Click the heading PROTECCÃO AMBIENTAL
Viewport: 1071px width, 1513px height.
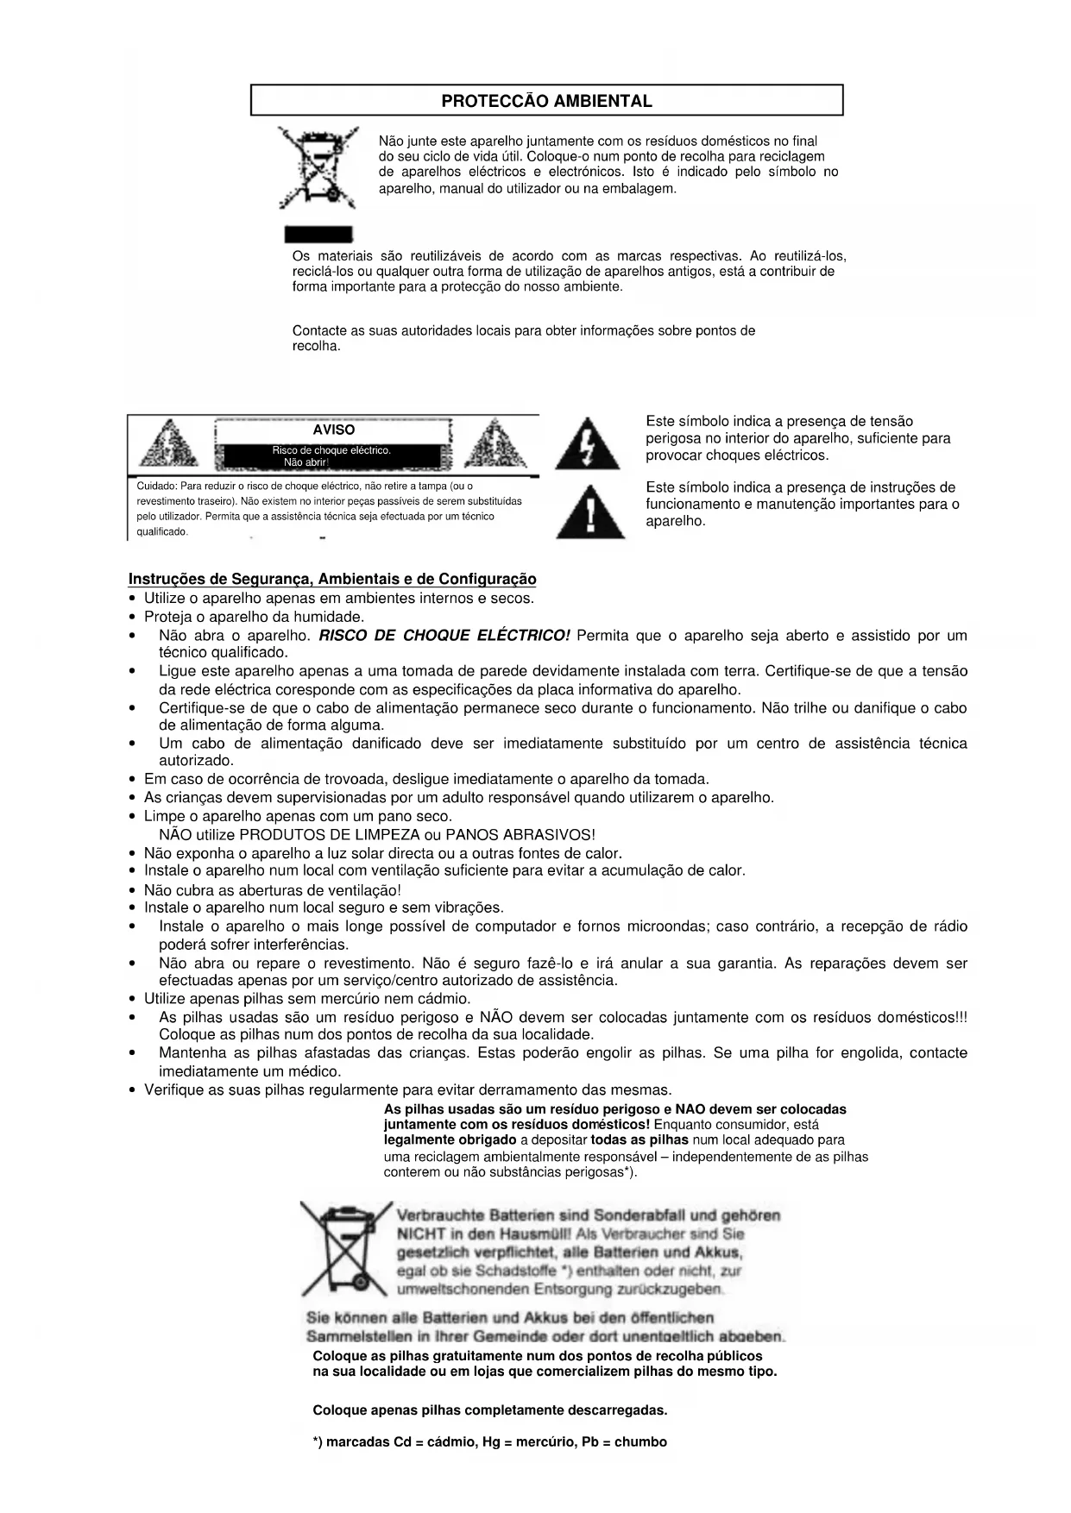click(x=546, y=101)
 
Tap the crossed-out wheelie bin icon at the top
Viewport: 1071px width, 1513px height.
click(x=317, y=167)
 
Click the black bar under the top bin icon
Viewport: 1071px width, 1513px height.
click(x=318, y=235)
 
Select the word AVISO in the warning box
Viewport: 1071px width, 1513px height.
click(x=333, y=430)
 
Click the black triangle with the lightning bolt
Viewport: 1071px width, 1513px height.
click(x=587, y=443)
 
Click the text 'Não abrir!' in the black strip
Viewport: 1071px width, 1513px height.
click(x=306, y=462)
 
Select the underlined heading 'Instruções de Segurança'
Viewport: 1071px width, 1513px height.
click(x=331, y=579)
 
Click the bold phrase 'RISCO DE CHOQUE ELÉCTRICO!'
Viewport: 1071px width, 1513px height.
click(x=444, y=636)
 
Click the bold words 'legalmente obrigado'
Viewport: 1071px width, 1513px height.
click(x=450, y=1139)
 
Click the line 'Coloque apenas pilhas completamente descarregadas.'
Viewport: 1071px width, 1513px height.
click(x=489, y=1410)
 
